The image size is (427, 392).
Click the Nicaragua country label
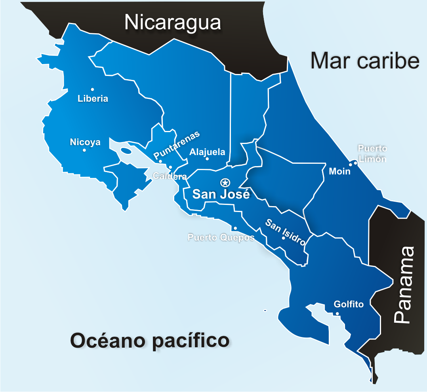click(x=172, y=23)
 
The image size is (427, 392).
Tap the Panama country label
click(x=405, y=285)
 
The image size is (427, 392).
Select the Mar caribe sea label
click(x=364, y=61)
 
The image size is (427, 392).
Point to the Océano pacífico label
click(x=150, y=341)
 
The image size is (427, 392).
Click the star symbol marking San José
click(x=225, y=182)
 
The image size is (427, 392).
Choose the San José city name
click(x=221, y=194)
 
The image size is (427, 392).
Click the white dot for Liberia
click(x=92, y=89)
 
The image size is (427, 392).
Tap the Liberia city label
click(x=93, y=98)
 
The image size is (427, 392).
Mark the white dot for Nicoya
click(x=84, y=150)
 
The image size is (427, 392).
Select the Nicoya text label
click(x=85, y=142)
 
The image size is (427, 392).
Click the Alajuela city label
click(x=207, y=152)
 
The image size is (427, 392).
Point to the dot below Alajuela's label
click(x=207, y=159)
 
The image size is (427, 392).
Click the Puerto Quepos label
click(x=221, y=238)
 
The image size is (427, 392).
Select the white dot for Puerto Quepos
click(x=235, y=228)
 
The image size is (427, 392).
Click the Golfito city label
click(x=349, y=305)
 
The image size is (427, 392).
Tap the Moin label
click(x=340, y=172)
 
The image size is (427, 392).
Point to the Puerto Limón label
click(x=372, y=153)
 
